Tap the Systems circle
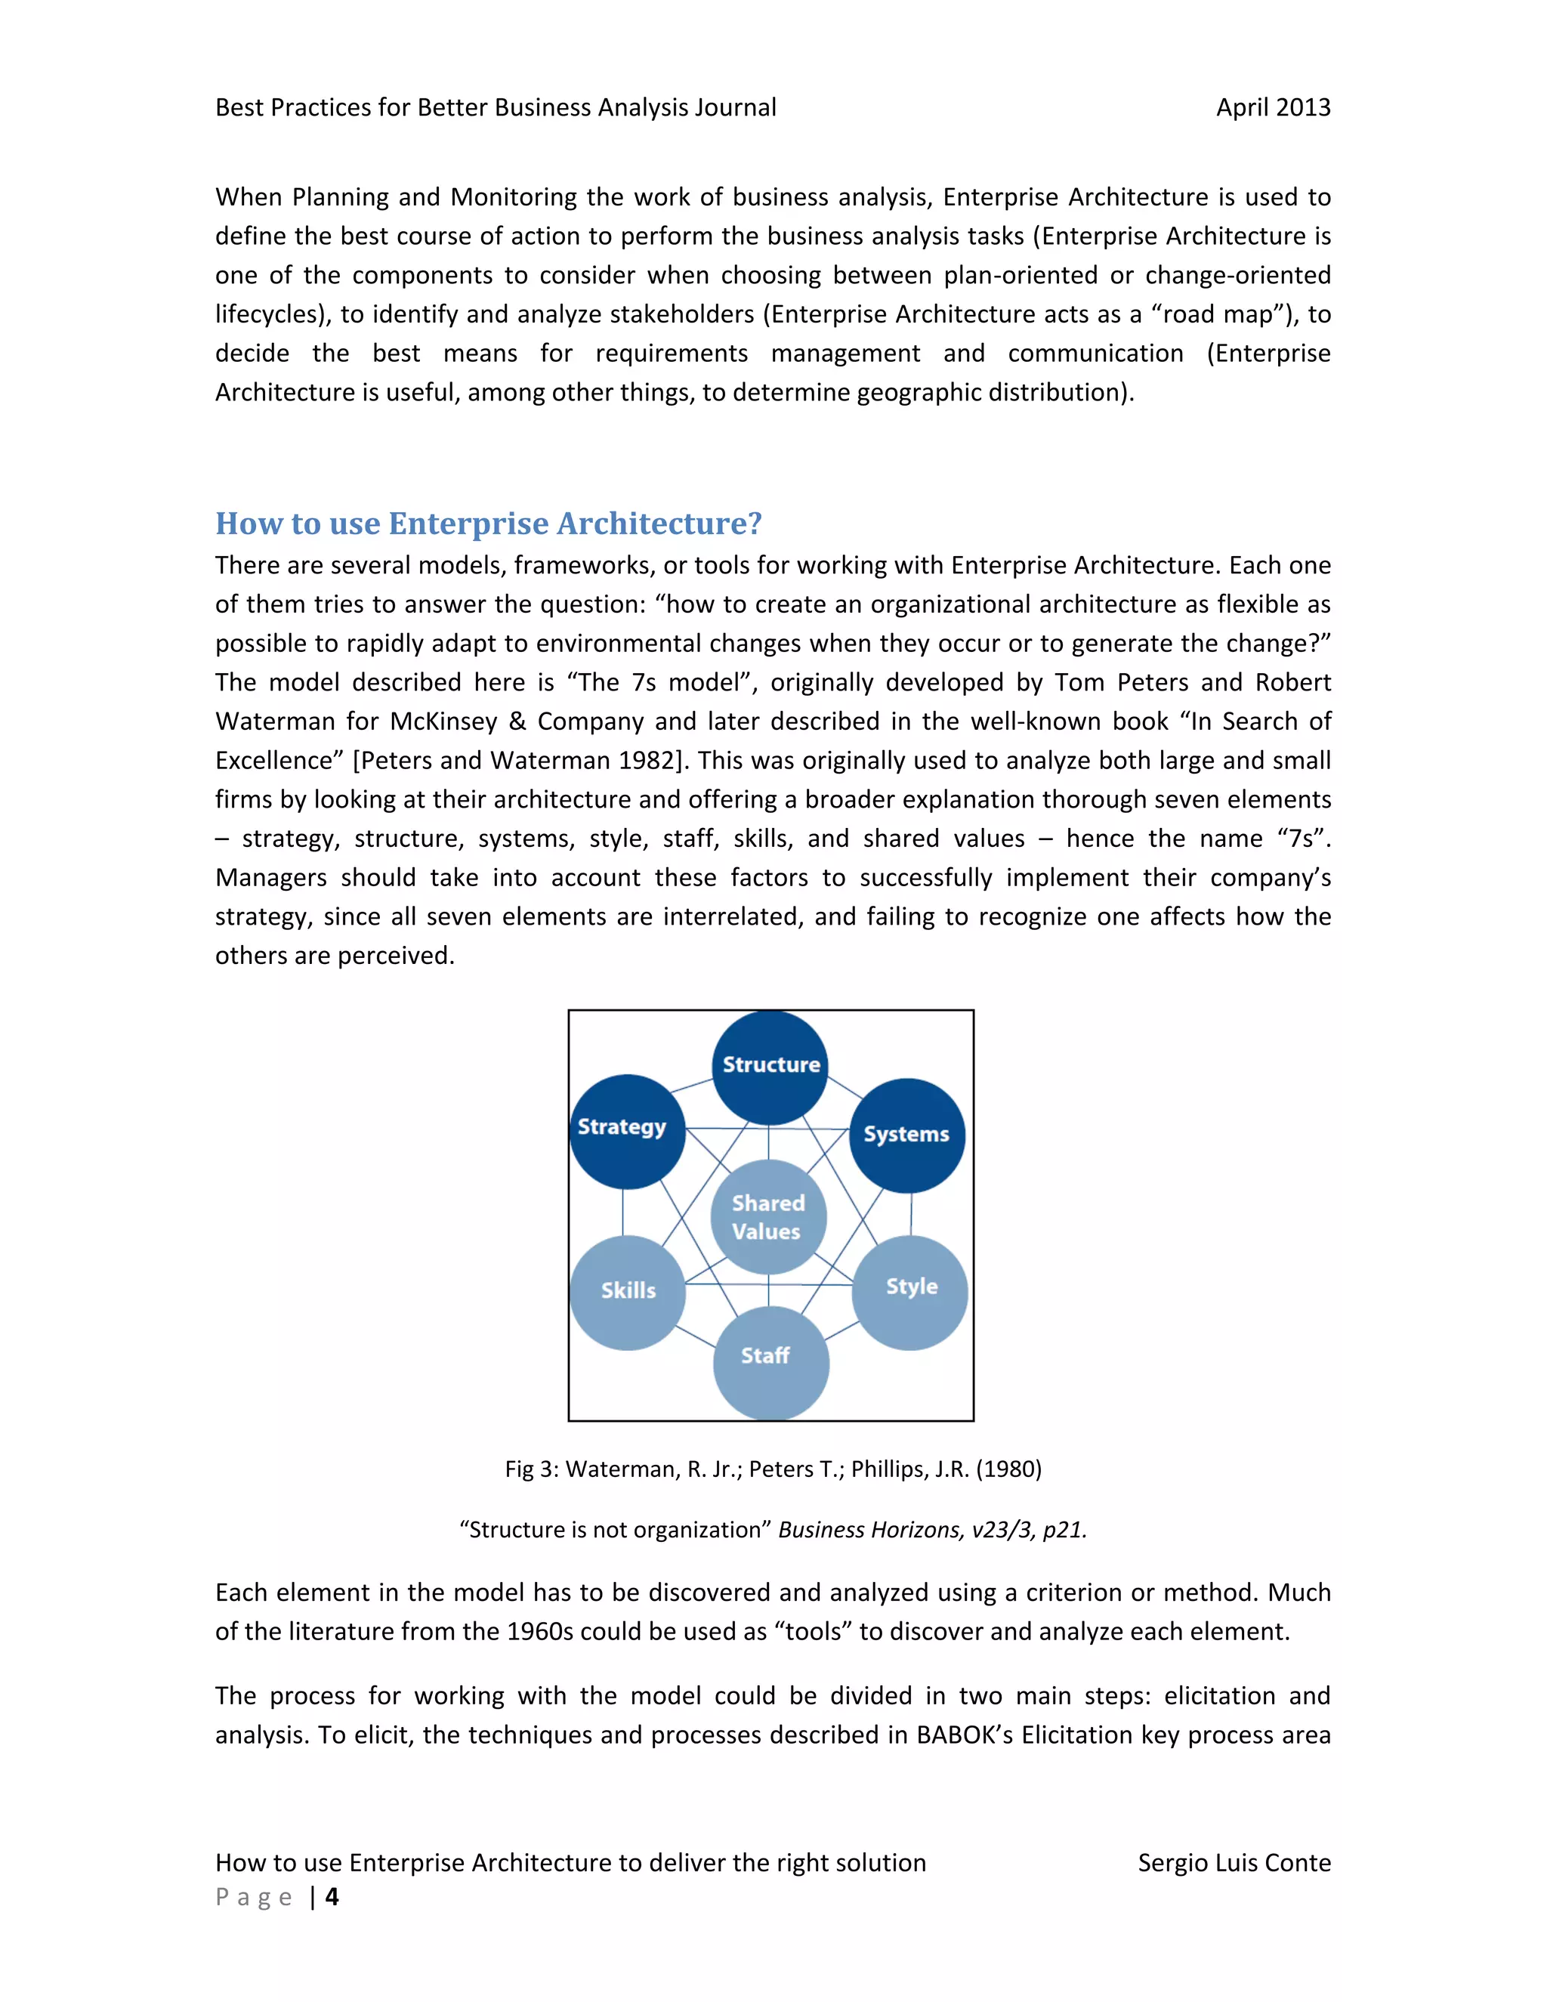tap(906, 1135)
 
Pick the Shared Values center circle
tap(768, 1217)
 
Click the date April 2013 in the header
tap(1272, 107)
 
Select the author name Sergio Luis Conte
tap(1234, 1863)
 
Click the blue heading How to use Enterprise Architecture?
tap(489, 524)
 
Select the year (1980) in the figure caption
tap(1008, 1469)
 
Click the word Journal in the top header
tap(735, 107)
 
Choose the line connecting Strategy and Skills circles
tap(623, 1212)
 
